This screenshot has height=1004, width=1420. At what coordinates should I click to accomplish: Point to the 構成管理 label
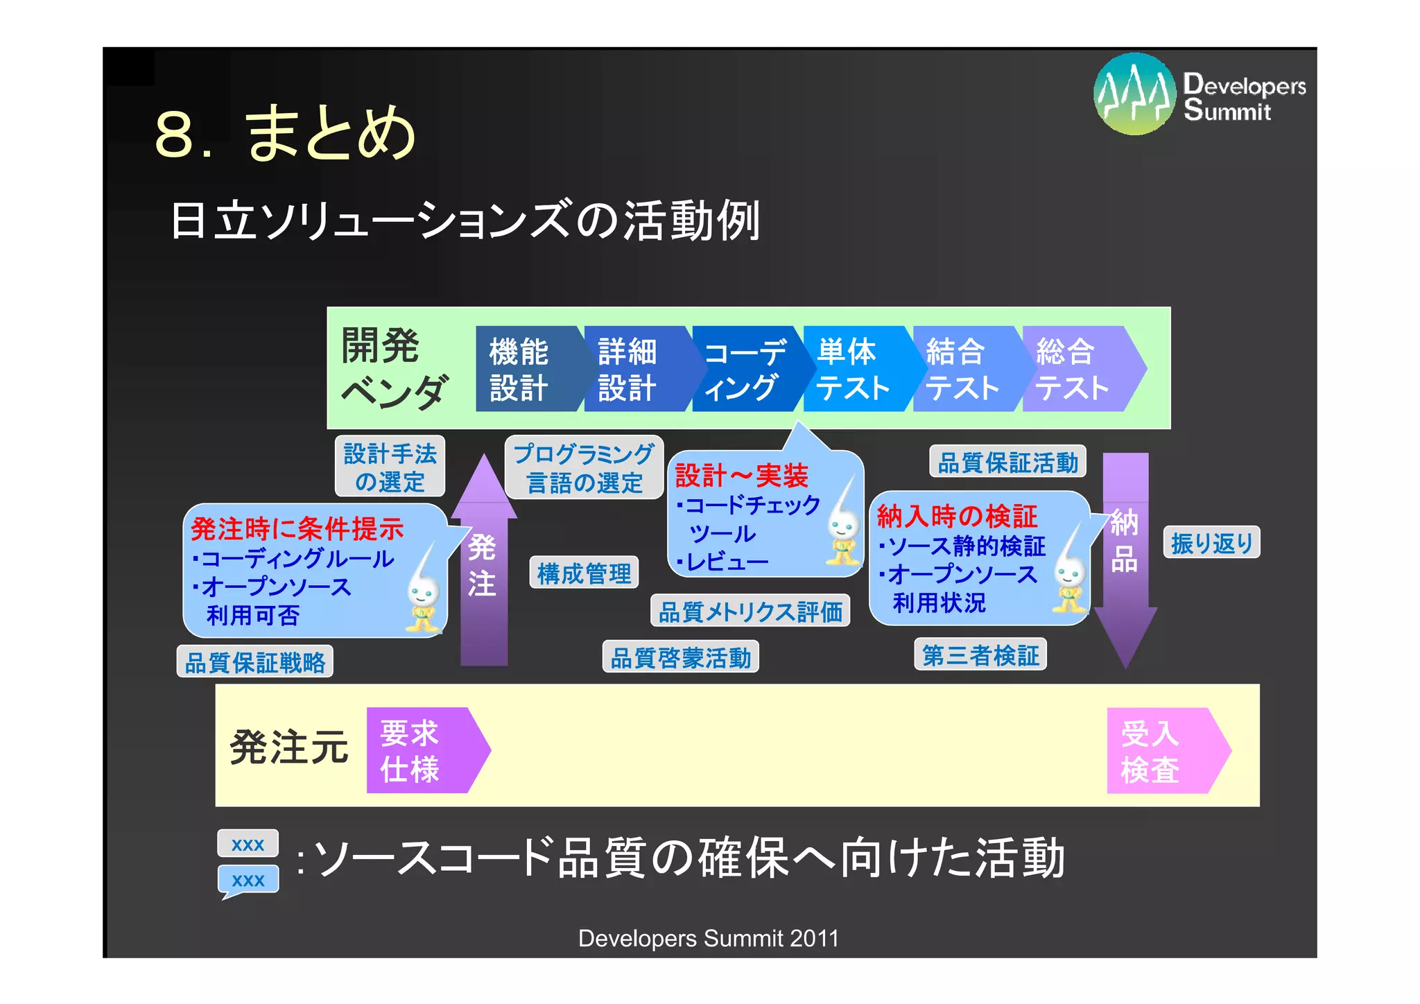(x=584, y=573)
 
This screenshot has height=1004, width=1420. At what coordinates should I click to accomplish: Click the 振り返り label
(x=1211, y=543)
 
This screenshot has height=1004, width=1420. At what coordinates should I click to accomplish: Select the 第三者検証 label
(x=980, y=655)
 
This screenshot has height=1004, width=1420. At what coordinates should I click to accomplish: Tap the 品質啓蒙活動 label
(x=680, y=657)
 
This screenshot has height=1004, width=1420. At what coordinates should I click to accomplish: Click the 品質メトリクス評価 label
(x=750, y=612)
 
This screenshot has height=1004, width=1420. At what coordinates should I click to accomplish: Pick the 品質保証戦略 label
(x=254, y=662)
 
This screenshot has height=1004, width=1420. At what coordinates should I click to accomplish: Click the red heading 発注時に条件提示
(x=297, y=528)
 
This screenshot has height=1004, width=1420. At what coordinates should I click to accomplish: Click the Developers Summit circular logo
(x=1134, y=94)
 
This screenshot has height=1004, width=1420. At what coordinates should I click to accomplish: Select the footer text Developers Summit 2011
(x=708, y=938)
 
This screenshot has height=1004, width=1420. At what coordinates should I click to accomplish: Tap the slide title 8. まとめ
(x=285, y=133)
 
